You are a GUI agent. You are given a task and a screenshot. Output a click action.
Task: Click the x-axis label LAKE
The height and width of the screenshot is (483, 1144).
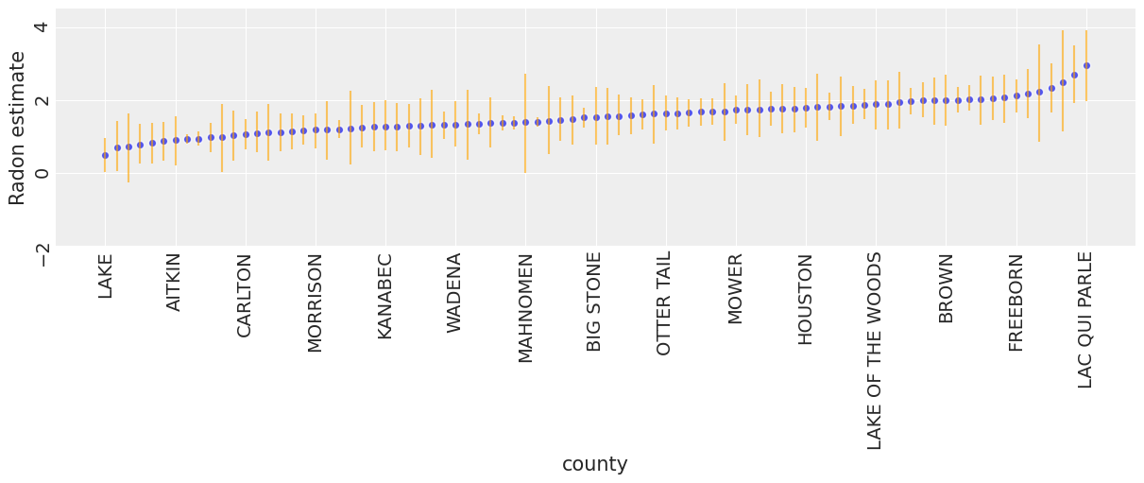[105, 275]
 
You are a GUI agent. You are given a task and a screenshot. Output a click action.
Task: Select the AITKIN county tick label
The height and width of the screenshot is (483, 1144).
[175, 282]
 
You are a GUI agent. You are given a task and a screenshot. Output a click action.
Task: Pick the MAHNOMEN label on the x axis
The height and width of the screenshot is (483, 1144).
[526, 307]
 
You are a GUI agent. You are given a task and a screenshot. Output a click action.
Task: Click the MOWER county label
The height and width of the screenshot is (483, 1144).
[736, 288]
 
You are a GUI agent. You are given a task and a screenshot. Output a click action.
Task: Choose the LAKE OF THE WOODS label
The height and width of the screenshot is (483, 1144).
[876, 351]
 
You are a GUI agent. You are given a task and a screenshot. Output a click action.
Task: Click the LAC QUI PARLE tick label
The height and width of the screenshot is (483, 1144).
[1086, 319]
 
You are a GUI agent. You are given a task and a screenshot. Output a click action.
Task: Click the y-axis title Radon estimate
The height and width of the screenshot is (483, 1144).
[18, 128]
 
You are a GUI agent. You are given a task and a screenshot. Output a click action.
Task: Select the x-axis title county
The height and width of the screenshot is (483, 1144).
[595, 464]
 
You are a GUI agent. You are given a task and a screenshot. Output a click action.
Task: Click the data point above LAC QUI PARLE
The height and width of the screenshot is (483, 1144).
[1086, 65]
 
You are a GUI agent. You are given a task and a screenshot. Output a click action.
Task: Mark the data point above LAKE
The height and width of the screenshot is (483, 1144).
[105, 155]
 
